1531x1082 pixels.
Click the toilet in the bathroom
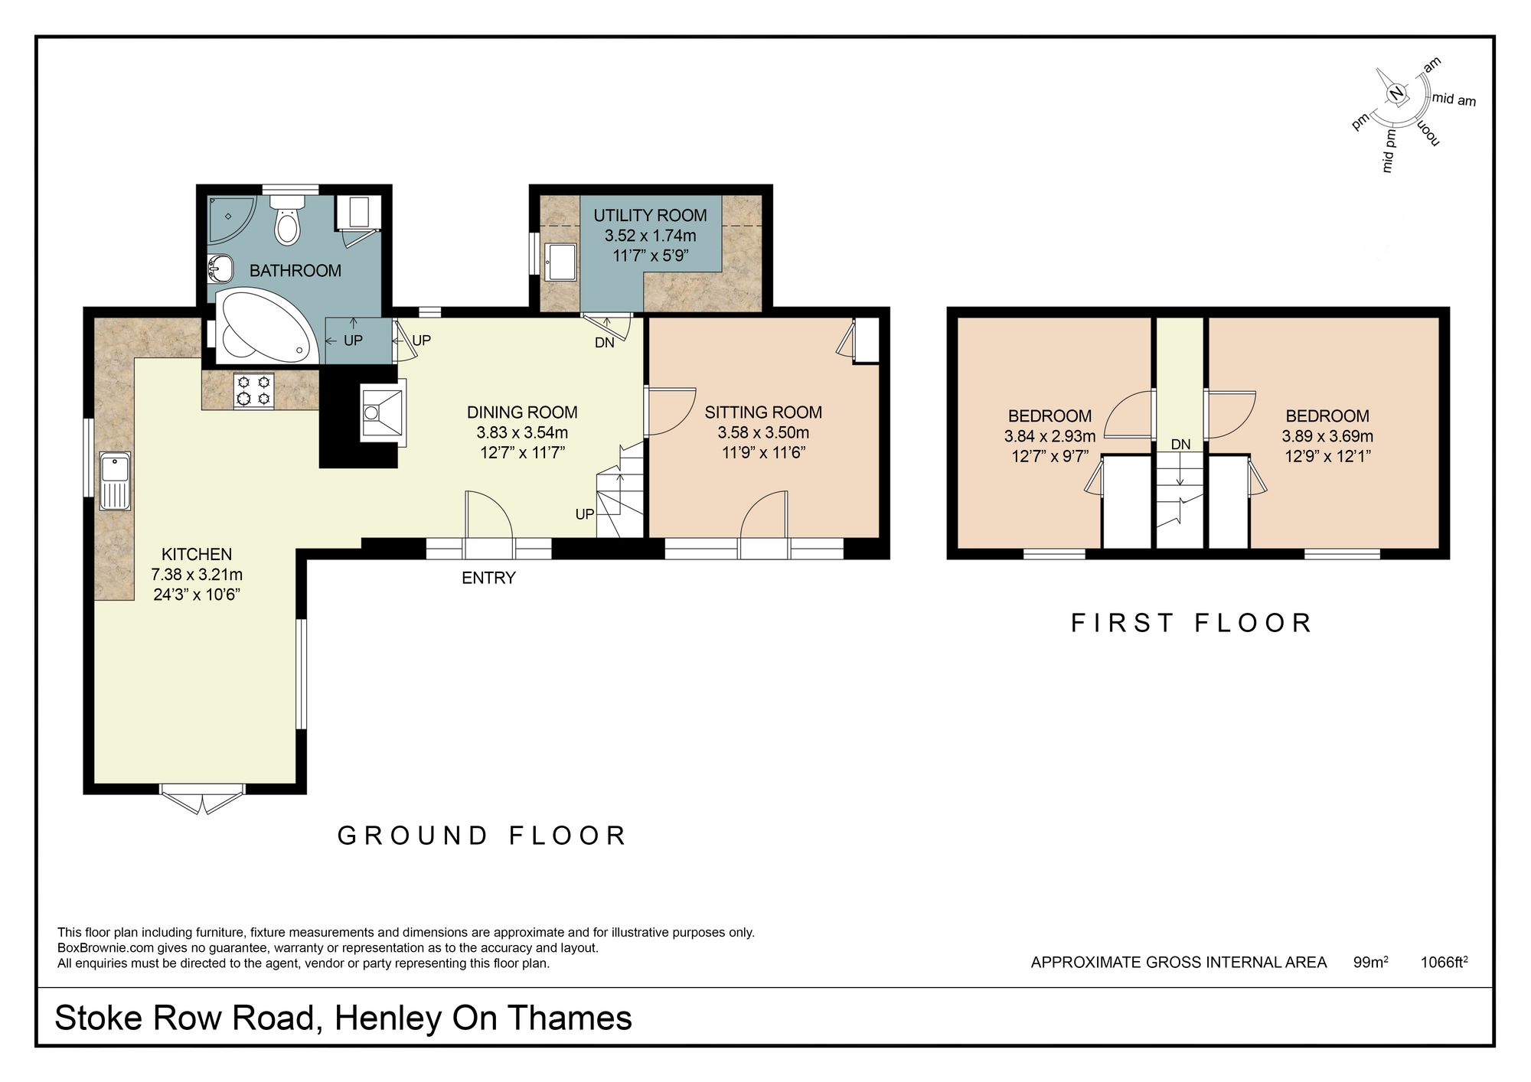289,222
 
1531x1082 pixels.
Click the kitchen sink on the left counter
116,481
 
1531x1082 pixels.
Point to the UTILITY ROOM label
650,216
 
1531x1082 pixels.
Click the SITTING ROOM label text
762,412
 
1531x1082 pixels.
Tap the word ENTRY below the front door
488,578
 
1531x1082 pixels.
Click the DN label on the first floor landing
1180,445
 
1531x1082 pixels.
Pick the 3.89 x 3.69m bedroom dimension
1327,437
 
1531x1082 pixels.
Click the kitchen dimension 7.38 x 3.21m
197,575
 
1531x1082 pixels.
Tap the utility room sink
560,262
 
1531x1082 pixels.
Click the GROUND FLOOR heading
482,836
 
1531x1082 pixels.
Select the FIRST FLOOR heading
1191,623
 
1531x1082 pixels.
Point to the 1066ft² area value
1443,963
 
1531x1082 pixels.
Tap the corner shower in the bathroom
232,217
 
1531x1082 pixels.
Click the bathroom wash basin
220,269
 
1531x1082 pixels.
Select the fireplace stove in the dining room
381,412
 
